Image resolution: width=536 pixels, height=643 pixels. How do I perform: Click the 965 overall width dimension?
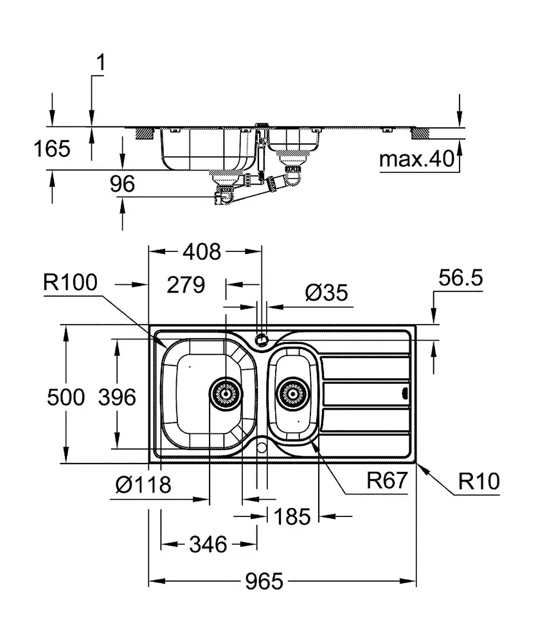[x=264, y=581]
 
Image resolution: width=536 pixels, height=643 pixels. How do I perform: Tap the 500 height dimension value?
[x=66, y=397]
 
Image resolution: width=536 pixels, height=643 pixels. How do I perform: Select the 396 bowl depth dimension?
[x=117, y=397]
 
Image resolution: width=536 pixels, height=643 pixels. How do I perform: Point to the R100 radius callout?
[x=70, y=282]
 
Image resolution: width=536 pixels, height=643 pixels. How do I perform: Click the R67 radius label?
[x=387, y=480]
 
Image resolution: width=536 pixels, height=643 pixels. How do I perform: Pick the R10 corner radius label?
[x=479, y=480]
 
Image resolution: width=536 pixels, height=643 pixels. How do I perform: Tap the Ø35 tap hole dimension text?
[x=326, y=293]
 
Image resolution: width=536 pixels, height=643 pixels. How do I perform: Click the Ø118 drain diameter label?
[x=143, y=485]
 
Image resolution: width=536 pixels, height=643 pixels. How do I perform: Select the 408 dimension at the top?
[x=202, y=251]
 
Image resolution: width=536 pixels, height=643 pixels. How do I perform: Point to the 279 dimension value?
[x=186, y=285]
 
